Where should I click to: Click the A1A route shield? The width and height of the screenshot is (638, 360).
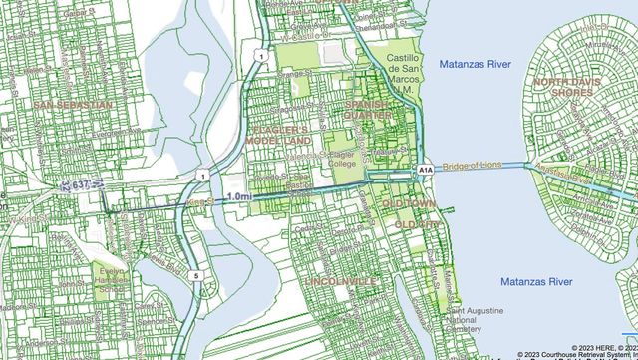coord(425,171)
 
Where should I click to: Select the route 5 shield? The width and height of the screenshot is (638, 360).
coord(198,275)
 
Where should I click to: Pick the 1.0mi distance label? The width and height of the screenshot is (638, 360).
coord(239,197)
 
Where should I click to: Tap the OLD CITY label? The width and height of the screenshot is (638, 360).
coord(416,226)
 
